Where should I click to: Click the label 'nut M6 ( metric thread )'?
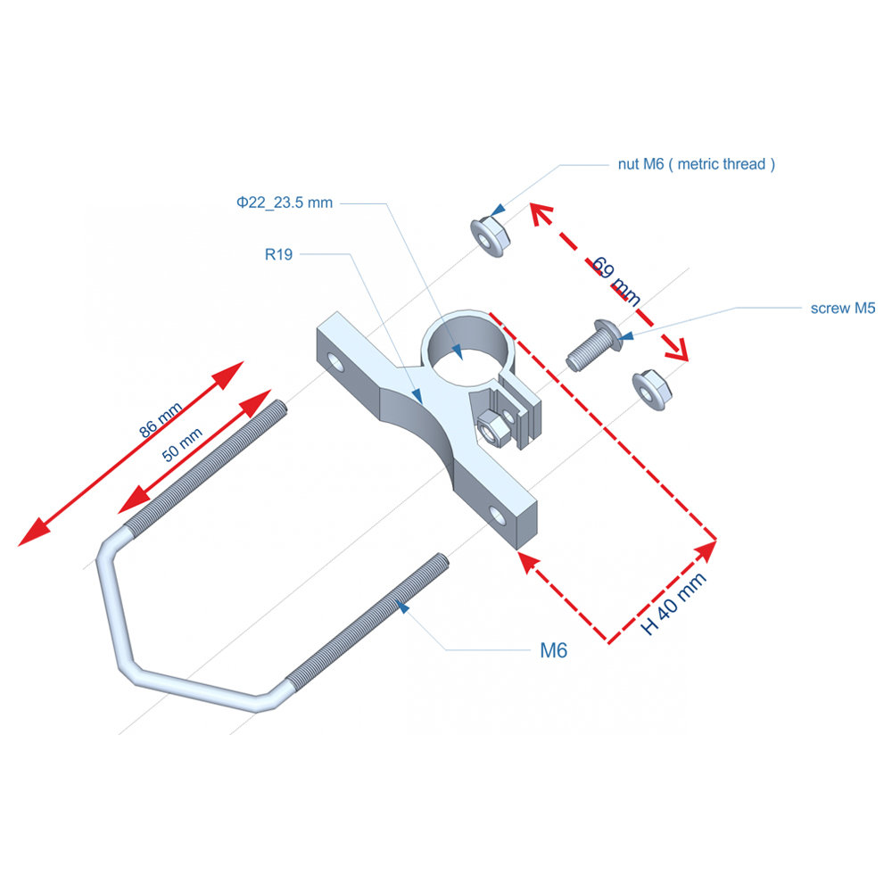[696, 164]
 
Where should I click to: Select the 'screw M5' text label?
[842, 309]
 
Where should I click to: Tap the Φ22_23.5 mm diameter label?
[285, 202]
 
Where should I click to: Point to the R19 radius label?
[278, 254]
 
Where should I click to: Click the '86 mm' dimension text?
[161, 419]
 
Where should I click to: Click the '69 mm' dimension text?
[616, 281]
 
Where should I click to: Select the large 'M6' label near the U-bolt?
[553, 650]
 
